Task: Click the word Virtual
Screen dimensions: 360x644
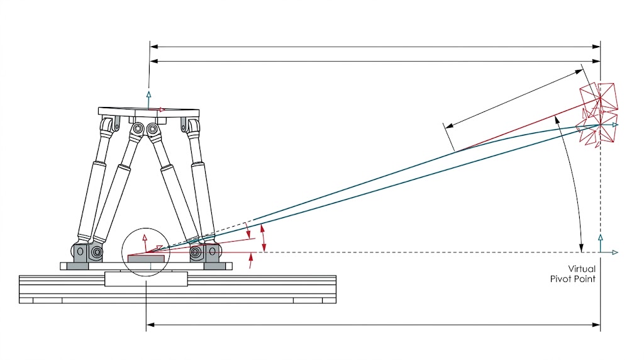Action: [582, 269]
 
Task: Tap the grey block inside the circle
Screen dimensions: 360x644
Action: [147, 258]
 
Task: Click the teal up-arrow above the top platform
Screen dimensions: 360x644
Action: [148, 96]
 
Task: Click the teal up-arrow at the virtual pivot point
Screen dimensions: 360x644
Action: [601, 239]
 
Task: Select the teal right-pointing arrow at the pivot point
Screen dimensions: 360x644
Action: [614, 252]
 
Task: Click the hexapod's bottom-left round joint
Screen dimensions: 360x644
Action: [96, 253]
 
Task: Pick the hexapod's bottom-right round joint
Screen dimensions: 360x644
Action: [197, 253]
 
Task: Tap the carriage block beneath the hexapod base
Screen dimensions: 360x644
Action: [145, 278]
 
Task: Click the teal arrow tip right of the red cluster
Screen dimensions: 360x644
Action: [616, 125]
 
